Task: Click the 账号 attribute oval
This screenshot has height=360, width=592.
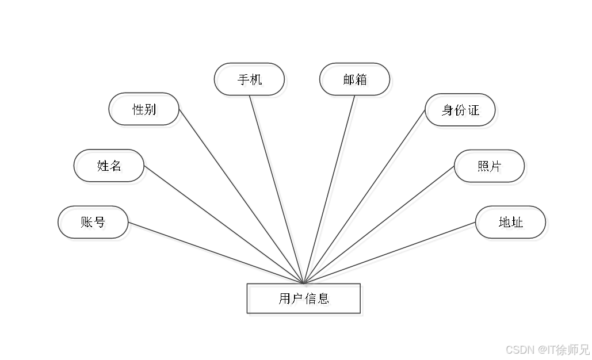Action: pos(95,224)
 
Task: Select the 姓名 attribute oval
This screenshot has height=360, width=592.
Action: pos(111,167)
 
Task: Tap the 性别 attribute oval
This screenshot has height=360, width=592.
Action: pos(146,110)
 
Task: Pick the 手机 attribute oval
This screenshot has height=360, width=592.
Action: pos(251,81)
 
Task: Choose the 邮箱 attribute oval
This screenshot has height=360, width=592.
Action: pos(357,81)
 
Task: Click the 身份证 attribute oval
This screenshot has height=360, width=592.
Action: pos(462,111)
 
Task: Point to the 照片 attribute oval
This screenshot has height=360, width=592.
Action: pos(491,168)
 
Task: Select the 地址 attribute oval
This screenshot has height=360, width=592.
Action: pos(512,224)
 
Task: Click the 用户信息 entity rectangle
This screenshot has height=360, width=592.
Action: pos(305,300)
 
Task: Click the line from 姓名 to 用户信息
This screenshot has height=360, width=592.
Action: pos(224,225)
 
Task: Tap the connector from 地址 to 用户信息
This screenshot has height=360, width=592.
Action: pos(391,254)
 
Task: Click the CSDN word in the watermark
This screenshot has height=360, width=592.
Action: pos(519,349)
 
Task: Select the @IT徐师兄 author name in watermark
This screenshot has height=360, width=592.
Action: pos(563,349)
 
